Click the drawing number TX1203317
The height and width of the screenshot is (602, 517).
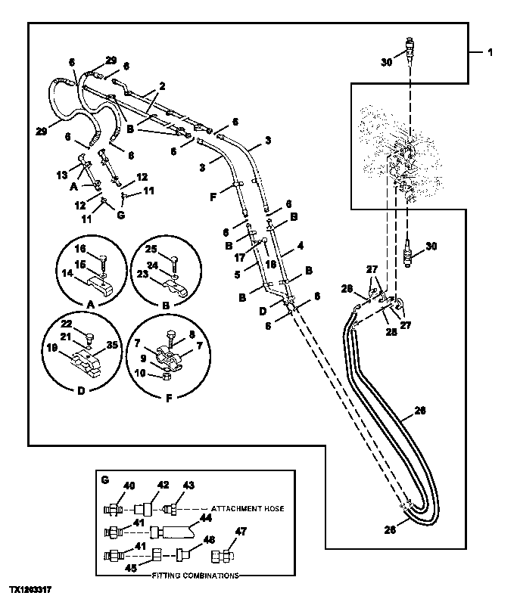pos(31,588)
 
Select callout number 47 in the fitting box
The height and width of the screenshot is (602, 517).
pos(241,532)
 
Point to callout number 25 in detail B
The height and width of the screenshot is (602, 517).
pos(151,248)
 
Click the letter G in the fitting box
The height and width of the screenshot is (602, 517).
pos(105,479)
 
